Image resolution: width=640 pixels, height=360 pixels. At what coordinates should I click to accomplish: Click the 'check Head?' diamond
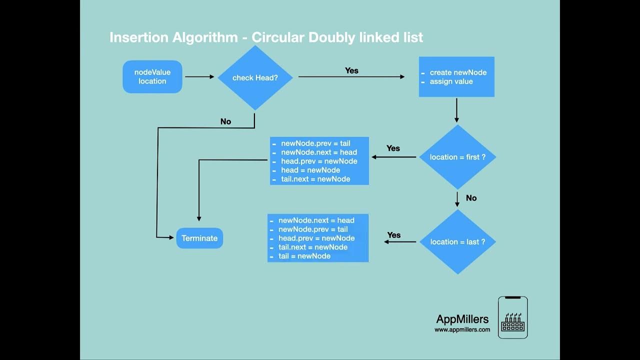[x=255, y=77]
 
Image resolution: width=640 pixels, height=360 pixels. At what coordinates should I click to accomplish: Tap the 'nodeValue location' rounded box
[x=152, y=76]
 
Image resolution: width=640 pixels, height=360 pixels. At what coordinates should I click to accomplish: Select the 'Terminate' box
[x=199, y=238]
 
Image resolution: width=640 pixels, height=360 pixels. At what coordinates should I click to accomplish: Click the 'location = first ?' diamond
[x=457, y=157]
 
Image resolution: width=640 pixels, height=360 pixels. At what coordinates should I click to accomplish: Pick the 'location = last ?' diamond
[x=457, y=241]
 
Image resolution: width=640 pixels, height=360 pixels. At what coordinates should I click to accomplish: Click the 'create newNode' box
[x=456, y=76]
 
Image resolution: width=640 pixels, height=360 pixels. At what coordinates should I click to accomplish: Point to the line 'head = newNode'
[x=310, y=170]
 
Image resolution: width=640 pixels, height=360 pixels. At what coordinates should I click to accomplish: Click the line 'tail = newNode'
[x=304, y=256]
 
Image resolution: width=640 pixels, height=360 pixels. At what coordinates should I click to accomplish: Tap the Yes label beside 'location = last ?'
[x=394, y=235]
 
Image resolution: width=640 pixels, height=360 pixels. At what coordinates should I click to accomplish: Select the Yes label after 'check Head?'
[x=351, y=70]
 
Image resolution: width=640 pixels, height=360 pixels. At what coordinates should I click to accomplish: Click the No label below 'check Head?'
[x=225, y=121]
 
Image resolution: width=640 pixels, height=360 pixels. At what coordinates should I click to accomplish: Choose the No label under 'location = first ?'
[x=471, y=198]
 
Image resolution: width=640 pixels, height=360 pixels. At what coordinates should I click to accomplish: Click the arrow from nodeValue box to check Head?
[x=199, y=77]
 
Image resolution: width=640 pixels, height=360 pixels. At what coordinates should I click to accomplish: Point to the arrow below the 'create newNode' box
[x=456, y=110]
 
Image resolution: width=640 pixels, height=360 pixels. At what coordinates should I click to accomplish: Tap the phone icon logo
[x=512, y=317]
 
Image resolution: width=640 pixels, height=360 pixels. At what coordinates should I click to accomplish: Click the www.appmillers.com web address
[x=462, y=330]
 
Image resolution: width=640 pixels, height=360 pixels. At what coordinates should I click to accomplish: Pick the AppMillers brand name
[x=462, y=319]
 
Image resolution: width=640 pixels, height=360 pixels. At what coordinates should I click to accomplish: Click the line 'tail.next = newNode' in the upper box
[x=315, y=179]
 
